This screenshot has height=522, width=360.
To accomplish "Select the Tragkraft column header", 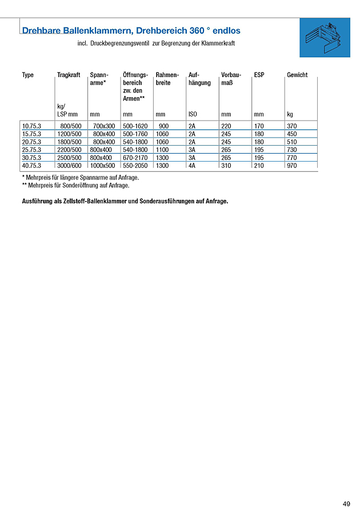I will pos(69,75).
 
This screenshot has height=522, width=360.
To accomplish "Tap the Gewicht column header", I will pos(297,75).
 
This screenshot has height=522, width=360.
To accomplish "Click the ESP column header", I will pos(259,75).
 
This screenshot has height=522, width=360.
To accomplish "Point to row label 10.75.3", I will pos(31,126).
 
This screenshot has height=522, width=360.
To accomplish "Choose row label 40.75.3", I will pos(31,166).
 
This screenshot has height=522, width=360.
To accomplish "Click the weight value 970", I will pos(292,166).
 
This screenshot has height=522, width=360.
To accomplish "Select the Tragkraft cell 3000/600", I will pos(69,166).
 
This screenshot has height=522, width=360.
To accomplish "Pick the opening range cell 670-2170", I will pos(135,158).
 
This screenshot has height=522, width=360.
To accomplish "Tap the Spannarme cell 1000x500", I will pos(103,166).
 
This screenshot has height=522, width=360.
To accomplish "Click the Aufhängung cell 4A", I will pos(192,166).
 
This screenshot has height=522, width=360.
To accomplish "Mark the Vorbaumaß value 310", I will pos(226,166).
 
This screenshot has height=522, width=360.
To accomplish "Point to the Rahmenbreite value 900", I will pos(163,126).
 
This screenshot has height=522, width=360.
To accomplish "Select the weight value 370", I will pos(292,126).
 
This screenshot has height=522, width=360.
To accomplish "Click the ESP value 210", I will pos(259,166).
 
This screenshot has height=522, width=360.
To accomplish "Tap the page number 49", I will pos(346,504).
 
